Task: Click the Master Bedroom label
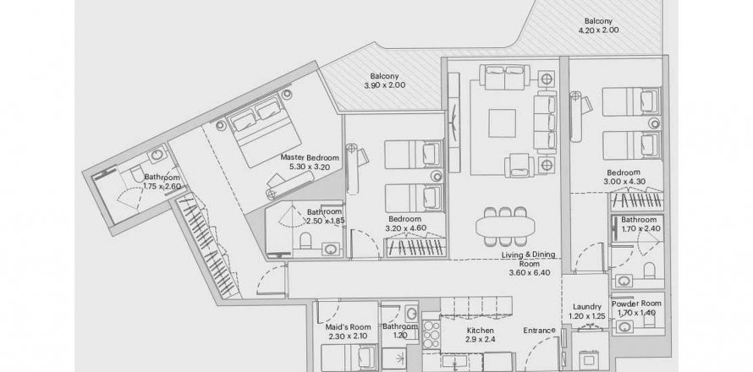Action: click(310, 157)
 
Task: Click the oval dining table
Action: click(505, 225)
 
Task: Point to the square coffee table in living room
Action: click(503, 123)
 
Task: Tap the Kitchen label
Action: click(481, 331)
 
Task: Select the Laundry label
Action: click(587, 307)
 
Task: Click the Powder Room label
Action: click(636, 304)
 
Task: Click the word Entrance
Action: click(539, 331)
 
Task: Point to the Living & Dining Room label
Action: click(528, 259)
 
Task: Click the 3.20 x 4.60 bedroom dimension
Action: click(405, 228)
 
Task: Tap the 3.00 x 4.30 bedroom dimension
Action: click(624, 182)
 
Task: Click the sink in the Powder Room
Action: click(624, 327)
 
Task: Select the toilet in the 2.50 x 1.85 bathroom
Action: click(306, 240)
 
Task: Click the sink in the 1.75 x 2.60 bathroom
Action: click(157, 156)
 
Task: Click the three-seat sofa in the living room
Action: click(546, 122)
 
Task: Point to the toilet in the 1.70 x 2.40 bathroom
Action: click(649, 271)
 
